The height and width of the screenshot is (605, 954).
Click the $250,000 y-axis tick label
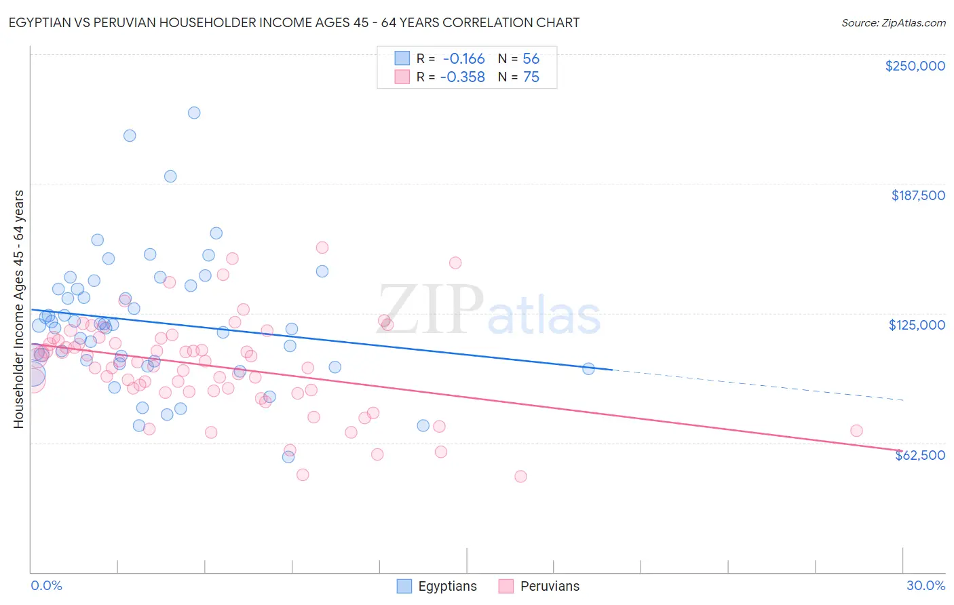tap(915, 66)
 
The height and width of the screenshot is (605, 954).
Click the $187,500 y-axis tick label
tap(917, 195)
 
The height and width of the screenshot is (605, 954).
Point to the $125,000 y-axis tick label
tap(917, 325)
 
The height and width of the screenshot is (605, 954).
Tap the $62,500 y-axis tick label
tap(919, 455)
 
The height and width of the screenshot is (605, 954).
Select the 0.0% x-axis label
tap(46, 585)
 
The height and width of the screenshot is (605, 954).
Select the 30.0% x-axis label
tap(926, 585)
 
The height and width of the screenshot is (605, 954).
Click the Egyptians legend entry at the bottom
tap(436, 586)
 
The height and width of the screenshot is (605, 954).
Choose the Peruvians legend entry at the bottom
tap(539, 586)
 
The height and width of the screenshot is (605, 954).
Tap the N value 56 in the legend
tap(531, 59)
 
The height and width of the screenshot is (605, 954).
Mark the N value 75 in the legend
tap(531, 77)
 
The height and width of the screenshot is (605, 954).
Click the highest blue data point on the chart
tap(194, 113)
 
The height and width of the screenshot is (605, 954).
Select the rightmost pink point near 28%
tap(856, 431)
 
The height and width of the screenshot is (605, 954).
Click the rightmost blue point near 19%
tap(588, 369)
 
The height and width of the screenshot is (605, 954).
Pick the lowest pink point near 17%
tap(520, 476)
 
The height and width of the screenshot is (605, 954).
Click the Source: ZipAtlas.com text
tap(893, 23)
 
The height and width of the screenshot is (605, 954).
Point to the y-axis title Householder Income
tap(18, 309)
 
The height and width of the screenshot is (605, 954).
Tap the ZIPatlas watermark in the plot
tap(489, 311)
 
